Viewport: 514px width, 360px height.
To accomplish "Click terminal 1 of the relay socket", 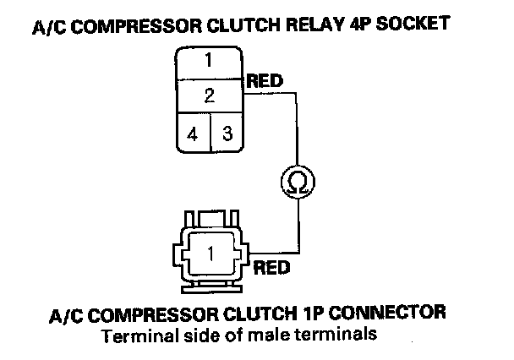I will pyautogui.click(x=208, y=61).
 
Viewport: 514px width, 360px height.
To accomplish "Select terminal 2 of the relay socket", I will pyautogui.click(x=208, y=93).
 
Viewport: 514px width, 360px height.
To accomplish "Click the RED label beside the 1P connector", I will pyautogui.click(x=272, y=269).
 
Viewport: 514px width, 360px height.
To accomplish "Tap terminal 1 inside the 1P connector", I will pyautogui.click(x=212, y=252).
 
